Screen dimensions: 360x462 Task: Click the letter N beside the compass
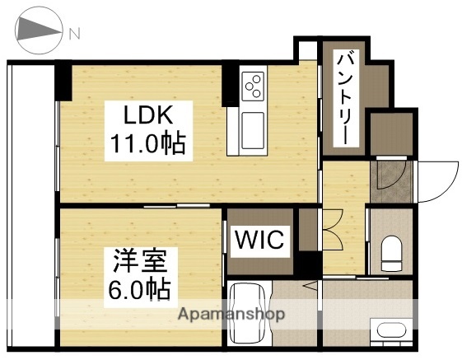[75, 34]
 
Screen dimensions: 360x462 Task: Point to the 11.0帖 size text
[148, 146]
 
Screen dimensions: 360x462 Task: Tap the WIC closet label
[260, 241]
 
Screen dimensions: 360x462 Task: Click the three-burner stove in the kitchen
[254, 85]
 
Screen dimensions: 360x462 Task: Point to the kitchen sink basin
[252, 129]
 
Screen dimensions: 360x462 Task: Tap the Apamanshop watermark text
[232, 314]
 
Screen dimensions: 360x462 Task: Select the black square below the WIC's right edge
[306, 265]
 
